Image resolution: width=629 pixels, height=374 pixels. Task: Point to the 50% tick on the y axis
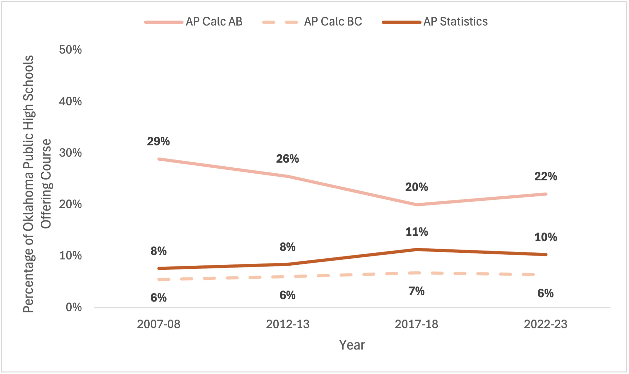coord(70,50)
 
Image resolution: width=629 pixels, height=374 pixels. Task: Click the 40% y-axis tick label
coord(70,101)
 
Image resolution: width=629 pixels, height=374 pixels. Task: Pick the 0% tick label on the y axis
coord(74,307)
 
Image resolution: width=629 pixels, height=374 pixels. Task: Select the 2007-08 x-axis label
coord(158,324)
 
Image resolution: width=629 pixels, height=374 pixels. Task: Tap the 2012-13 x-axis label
coord(288,324)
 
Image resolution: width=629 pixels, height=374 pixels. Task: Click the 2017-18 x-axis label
coord(416,324)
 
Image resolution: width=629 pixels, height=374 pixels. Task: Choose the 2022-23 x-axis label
coord(545,324)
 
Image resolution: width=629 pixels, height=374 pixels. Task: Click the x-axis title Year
coord(352,345)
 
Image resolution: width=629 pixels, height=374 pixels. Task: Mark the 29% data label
coord(158,141)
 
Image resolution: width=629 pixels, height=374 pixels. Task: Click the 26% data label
coord(288,159)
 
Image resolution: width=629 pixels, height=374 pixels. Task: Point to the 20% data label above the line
coord(417,187)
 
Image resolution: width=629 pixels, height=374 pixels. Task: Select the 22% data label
coord(545,176)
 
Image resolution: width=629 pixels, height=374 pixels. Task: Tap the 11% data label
coord(417,232)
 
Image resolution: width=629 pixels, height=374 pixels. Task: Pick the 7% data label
coord(416,291)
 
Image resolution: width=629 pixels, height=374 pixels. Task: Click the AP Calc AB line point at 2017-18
coord(417,204)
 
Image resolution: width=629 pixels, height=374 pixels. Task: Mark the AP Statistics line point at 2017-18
coord(417,249)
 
